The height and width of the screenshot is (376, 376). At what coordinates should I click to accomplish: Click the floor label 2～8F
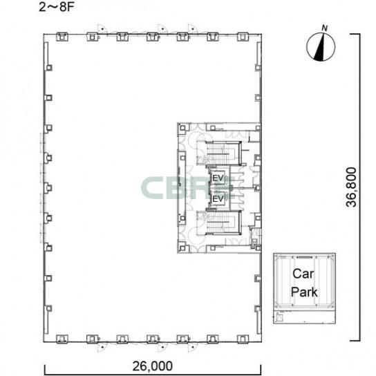(57, 7)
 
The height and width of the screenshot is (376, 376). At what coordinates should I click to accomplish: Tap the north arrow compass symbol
(321, 46)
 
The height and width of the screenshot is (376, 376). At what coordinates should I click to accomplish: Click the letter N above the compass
(324, 28)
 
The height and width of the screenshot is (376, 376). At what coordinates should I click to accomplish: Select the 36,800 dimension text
(351, 187)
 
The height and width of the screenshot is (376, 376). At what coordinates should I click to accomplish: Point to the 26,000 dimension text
(153, 366)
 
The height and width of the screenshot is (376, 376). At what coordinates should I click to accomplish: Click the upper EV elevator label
(218, 178)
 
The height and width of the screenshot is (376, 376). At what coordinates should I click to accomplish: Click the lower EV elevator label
(218, 198)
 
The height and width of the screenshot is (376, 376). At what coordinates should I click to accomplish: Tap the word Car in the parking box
(303, 274)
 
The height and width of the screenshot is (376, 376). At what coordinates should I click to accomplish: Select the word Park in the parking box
(304, 292)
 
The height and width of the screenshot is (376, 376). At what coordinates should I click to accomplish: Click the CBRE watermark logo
(188, 188)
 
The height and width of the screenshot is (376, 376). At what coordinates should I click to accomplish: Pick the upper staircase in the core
(223, 153)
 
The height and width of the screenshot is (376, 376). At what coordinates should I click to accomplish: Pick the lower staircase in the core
(223, 223)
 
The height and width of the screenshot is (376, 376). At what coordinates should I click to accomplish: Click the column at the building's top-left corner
(62, 37)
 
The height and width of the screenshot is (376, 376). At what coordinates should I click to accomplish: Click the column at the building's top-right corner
(243, 37)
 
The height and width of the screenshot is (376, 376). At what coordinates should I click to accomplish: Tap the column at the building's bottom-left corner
(62, 339)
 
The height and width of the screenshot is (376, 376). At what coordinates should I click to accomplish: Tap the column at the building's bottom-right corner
(243, 339)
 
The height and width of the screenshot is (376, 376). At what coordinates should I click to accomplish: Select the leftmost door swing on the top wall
(102, 29)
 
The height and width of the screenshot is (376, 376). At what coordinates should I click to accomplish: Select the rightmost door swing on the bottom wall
(192, 347)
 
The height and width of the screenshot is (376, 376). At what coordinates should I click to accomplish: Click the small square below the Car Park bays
(280, 318)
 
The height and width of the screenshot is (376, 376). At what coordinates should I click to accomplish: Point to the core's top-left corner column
(182, 128)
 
